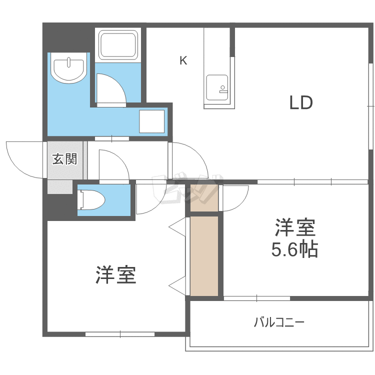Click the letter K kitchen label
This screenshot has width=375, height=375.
click(183, 60)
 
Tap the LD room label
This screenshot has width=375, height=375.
click(301, 102)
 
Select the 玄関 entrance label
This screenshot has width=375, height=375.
click(65, 159)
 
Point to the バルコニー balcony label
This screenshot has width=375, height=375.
click(279, 322)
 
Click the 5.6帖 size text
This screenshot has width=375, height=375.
click(294, 249)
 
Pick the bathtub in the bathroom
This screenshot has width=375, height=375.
click(118, 44)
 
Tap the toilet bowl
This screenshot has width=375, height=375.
click(91, 199)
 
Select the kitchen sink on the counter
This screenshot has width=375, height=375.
click(217, 87)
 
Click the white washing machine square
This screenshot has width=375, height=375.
click(152, 121)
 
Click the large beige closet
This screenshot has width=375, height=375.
click(204, 256)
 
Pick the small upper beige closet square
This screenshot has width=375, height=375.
click(204, 198)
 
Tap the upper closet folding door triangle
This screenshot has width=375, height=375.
click(177, 227)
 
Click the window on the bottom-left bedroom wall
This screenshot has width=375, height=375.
click(120, 334)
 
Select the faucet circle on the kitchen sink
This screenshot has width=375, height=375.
click(223, 87)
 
